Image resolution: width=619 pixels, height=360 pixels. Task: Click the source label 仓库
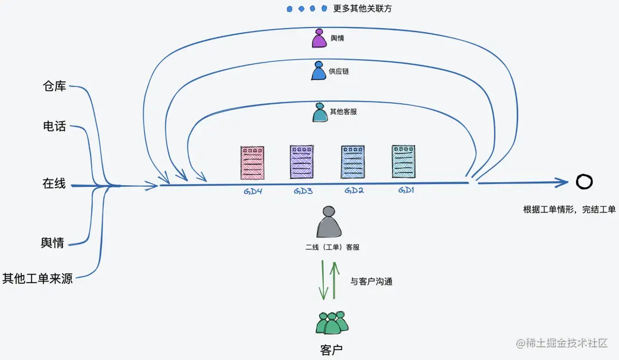pyautogui.click(x=55, y=87)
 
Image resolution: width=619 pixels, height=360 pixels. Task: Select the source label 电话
pyautogui.click(x=55, y=126)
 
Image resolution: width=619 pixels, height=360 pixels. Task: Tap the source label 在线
pyautogui.click(x=54, y=184)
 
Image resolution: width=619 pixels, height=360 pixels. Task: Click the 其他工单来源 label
pyautogui.click(x=38, y=279)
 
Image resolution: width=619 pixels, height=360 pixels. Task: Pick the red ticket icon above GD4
pyautogui.click(x=252, y=163)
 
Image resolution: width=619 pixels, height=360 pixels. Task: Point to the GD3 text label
pyautogui.click(x=303, y=191)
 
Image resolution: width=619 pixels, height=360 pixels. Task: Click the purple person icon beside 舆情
pyautogui.click(x=319, y=39)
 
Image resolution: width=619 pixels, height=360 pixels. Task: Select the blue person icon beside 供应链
pyautogui.click(x=319, y=71)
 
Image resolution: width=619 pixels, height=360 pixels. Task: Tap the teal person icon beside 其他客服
pyautogui.click(x=319, y=112)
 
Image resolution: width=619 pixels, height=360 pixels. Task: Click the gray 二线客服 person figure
pyautogui.click(x=329, y=222)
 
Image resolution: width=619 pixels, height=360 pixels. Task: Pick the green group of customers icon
pyautogui.click(x=332, y=323)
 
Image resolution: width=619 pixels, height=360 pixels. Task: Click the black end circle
pyautogui.click(x=584, y=182)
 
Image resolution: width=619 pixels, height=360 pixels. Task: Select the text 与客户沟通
pyautogui.click(x=371, y=282)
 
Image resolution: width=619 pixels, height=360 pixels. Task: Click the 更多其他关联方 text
pyautogui.click(x=362, y=9)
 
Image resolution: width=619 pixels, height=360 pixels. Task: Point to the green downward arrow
pyautogui.click(x=323, y=281)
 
